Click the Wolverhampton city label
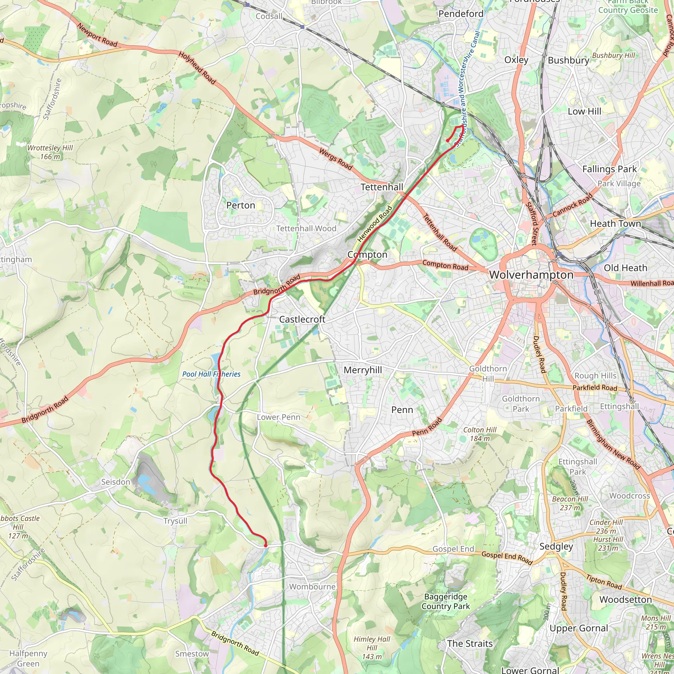tap(531, 275)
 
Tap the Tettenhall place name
tap(382, 187)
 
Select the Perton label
tap(241, 205)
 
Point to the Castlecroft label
tap(302, 319)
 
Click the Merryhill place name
tap(363, 370)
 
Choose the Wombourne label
tap(312, 587)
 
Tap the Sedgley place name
tap(556, 546)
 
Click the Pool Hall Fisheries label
tap(211, 374)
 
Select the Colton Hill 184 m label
tap(480, 434)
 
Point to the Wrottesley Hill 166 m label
tap(50, 152)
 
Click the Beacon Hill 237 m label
tap(570, 504)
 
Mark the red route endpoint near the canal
tap(447, 141)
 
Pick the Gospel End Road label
tap(506, 557)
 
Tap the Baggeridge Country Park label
tap(446, 602)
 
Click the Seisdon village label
tap(116, 482)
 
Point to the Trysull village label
tap(175, 521)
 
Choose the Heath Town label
tap(615, 223)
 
